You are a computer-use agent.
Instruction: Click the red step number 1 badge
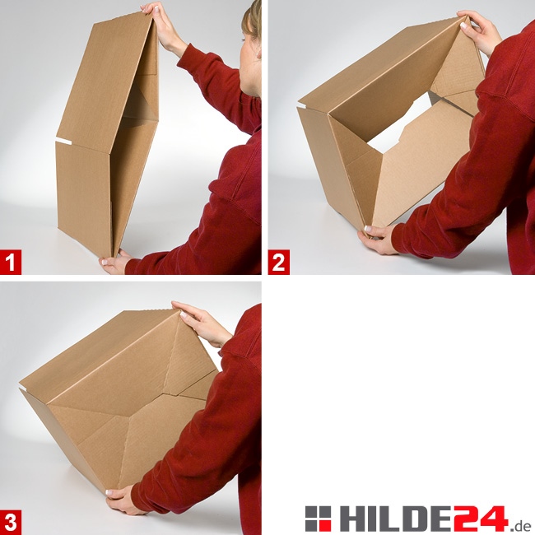coord(11,262)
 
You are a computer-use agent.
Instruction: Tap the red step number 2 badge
coord(279,262)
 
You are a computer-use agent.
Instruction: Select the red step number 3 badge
coord(11,523)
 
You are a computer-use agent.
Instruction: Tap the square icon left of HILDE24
coord(318,519)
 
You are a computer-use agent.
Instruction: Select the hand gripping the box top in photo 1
coord(163,27)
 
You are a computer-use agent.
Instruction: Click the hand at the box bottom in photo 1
coord(114,262)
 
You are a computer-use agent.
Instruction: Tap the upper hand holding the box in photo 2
coord(479,30)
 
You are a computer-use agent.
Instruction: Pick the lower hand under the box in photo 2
coord(377,239)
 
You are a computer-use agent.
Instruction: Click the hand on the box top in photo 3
coord(202,323)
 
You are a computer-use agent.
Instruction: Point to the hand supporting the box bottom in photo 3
coord(123,499)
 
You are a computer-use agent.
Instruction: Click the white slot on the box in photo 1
coord(64,141)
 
